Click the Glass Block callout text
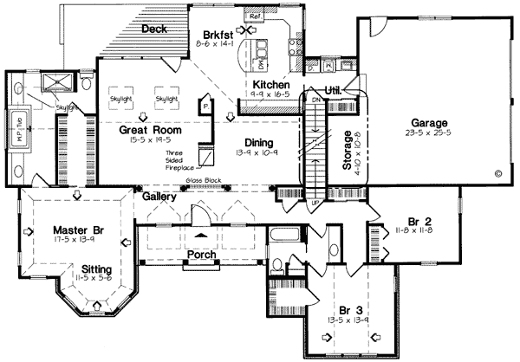click(201, 181)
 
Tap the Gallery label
click(160, 197)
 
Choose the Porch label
click(201, 255)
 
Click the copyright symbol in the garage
click(497, 173)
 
